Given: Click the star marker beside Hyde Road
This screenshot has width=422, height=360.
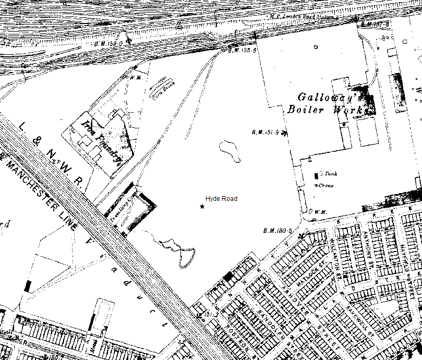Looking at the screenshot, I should pos(202,207).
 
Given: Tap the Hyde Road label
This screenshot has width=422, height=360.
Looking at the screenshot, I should pos(221,199).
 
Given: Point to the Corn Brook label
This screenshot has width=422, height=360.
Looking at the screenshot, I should pos(163,89).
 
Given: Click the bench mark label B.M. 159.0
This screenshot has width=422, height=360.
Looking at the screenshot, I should pos(109,44).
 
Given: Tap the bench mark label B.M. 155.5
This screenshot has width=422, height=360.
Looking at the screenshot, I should pos(243,51).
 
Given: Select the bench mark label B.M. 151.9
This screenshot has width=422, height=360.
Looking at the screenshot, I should pos(266,132).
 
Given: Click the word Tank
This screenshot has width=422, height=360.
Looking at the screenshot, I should pos(331,174).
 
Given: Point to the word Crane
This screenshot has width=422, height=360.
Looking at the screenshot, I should pos(327,185).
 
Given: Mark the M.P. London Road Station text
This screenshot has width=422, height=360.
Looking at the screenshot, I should pos(303,16).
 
